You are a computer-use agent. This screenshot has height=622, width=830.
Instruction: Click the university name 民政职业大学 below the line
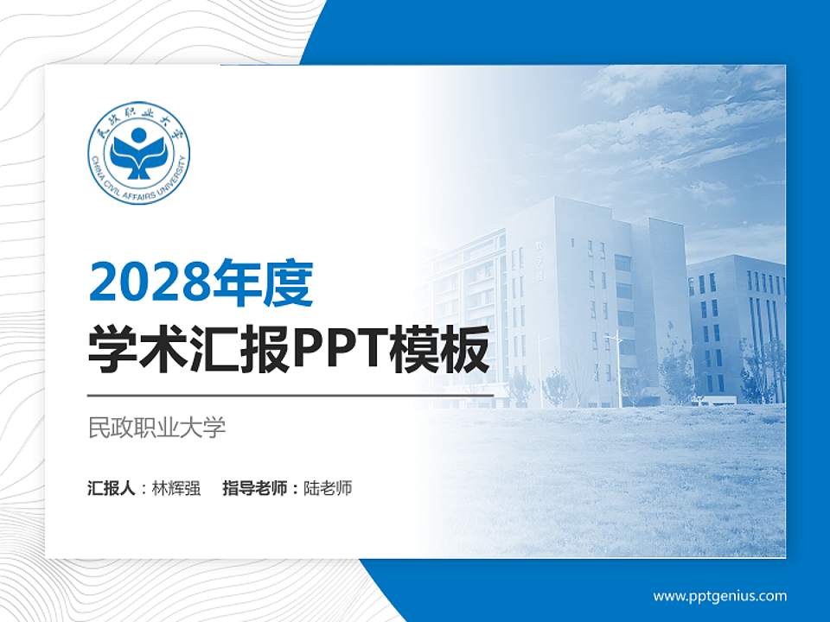156,427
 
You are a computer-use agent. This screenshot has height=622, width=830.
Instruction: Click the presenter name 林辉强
176,488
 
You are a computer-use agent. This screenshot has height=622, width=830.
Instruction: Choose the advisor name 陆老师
329,488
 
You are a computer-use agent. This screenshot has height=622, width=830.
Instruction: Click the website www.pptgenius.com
719,595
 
